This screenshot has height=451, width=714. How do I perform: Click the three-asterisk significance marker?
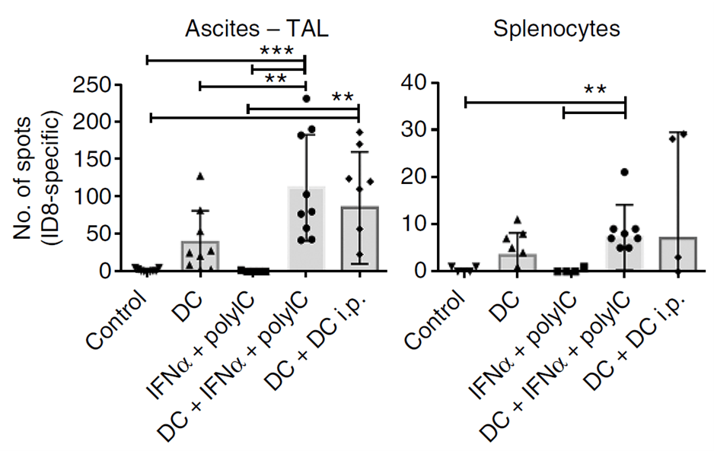[x=278, y=52]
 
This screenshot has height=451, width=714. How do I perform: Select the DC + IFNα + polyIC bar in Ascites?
[x=306, y=228]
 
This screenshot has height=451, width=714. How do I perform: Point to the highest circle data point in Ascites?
[x=306, y=98]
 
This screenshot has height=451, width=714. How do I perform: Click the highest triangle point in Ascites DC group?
[x=200, y=176]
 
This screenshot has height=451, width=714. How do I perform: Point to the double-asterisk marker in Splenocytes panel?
[x=595, y=91]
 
